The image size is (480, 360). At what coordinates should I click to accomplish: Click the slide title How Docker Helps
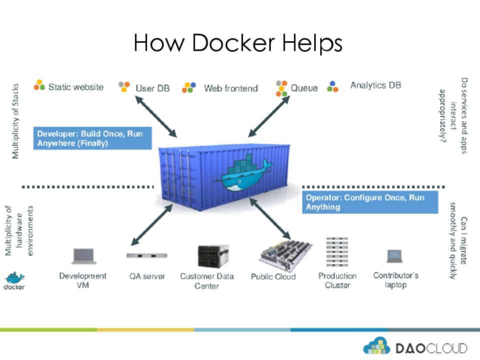coord(238,43)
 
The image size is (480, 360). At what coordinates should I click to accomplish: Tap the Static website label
coord(75,87)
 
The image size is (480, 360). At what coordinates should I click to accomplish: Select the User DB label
coord(152,88)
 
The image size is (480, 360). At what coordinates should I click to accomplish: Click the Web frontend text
coord(230,88)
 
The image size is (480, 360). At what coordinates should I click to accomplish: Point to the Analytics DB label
coord(375,85)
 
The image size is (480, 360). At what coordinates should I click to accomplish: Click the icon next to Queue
coord(282,88)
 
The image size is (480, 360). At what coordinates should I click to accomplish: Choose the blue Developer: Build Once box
coord(92,138)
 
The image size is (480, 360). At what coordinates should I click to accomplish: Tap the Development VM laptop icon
coord(83,256)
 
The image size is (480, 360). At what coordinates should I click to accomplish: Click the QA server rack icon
coord(146,255)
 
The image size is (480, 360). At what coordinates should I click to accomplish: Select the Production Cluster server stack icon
coord(337,253)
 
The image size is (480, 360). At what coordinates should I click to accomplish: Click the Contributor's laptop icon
coord(394,256)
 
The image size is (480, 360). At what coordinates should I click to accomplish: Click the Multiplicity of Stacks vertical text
coord(15,121)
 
